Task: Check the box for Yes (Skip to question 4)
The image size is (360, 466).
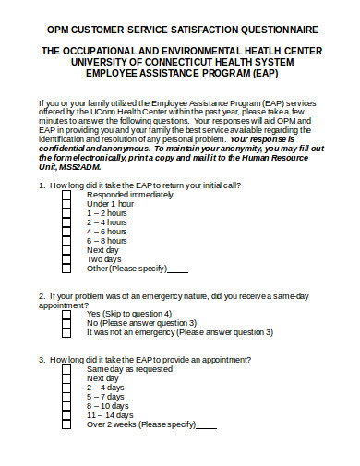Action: (66, 314)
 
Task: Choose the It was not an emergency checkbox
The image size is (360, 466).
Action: (66, 332)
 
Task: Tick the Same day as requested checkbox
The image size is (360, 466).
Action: (66, 369)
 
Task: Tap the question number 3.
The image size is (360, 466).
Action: (42, 360)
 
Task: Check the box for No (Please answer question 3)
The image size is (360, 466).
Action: (66, 323)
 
